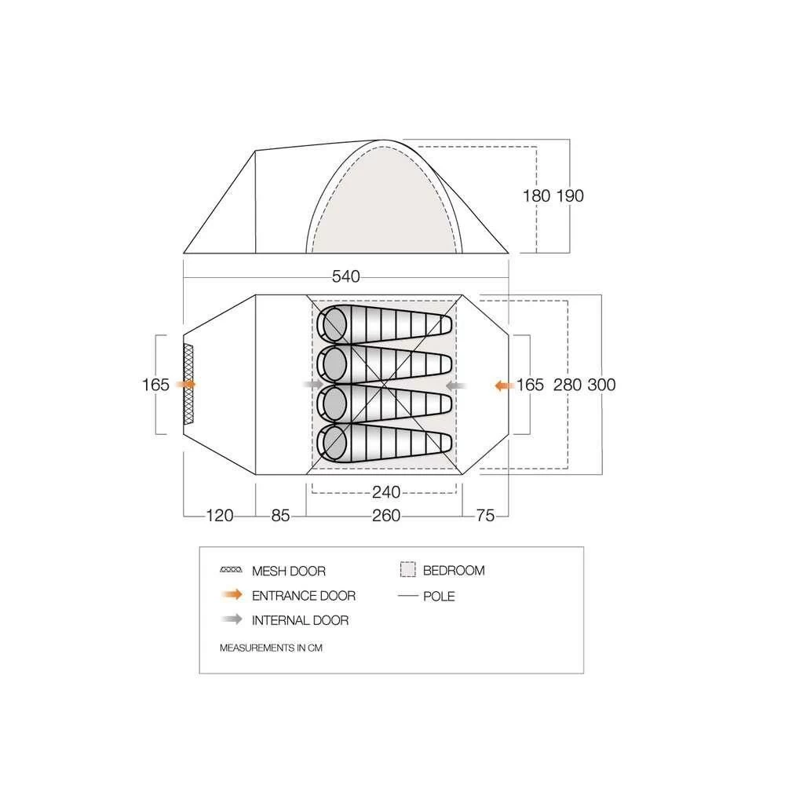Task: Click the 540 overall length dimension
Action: coord(345,276)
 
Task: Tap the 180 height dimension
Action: coord(536,196)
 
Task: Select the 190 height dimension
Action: coord(570,196)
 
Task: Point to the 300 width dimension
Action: coord(601,385)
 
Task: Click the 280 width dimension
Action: coord(568,385)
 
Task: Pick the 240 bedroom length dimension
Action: coord(386,492)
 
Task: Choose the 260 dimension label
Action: coord(386,516)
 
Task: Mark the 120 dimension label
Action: coord(220,516)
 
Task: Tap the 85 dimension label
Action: coord(281,516)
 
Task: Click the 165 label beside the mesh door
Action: coord(156,385)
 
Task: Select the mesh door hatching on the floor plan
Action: coord(188,385)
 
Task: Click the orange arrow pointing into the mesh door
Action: coord(187,385)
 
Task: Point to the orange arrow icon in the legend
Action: coord(232,595)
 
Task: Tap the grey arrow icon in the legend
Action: coord(232,619)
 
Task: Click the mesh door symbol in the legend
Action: coord(232,571)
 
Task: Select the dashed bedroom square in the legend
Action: coord(407,570)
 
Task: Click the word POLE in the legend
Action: coord(439,596)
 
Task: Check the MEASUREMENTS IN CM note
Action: coord(272,648)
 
